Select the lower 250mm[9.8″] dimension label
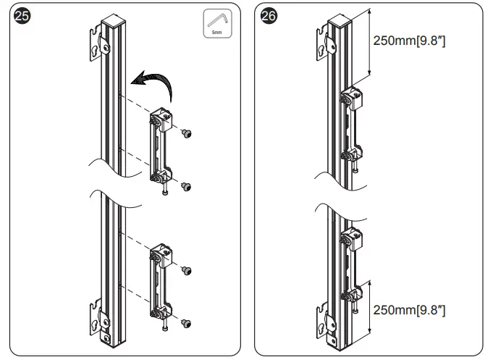[x=409, y=310]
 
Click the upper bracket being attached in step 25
[x=160, y=149]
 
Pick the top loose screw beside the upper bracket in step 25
[x=186, y=134]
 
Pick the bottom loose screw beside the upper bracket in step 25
[x=186, y=187]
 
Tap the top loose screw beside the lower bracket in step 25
[x=186, y=269]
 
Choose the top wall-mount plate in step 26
[x=327, y=40]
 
